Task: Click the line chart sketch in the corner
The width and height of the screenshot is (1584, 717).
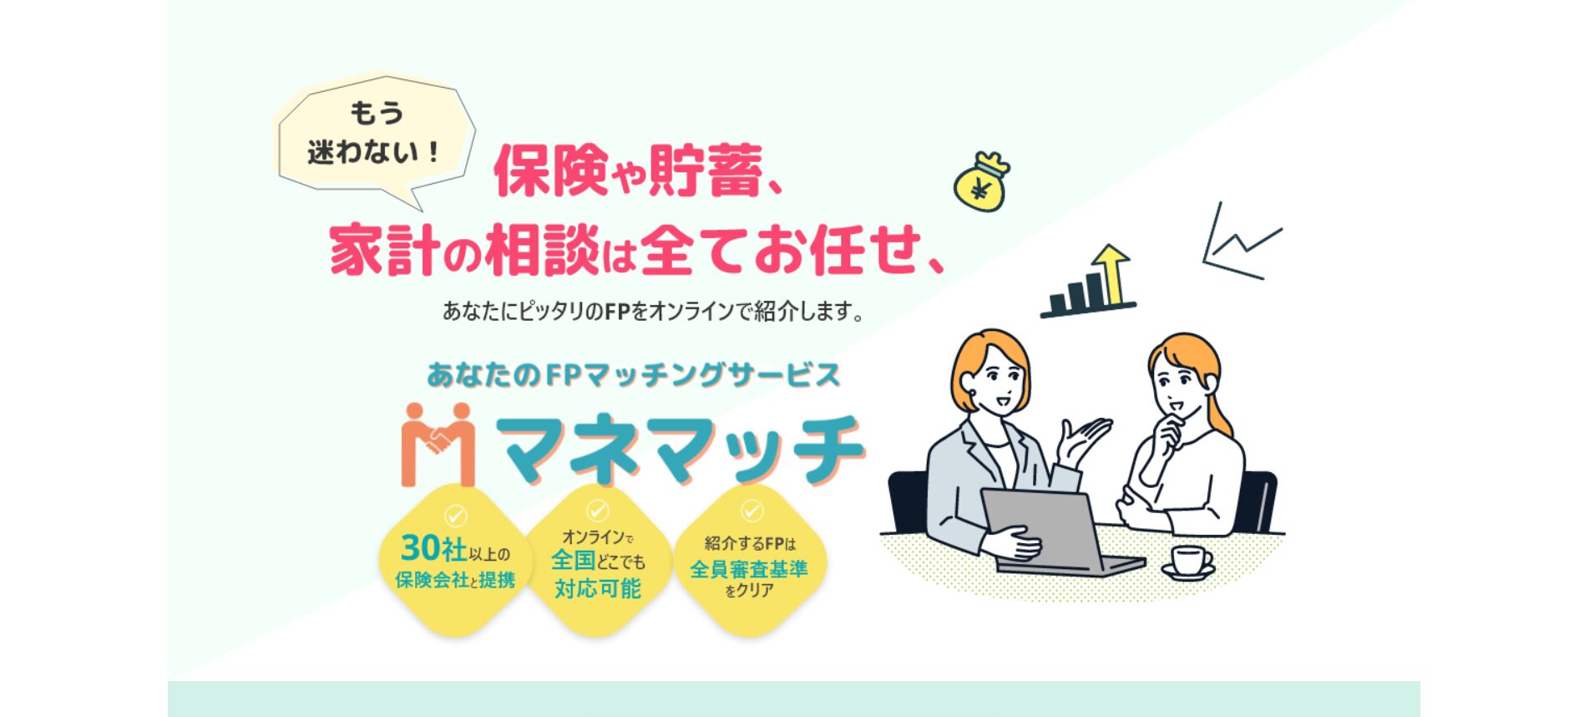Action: pos(1241,243)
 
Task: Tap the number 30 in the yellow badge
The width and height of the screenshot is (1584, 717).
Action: pos(421,548)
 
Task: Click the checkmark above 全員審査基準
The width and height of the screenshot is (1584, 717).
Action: pos(752,510)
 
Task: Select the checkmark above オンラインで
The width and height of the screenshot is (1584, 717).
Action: pos(597,510)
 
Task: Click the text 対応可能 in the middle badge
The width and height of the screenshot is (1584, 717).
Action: pos(598,588)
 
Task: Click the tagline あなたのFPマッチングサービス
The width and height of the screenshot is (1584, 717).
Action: pos(633,375)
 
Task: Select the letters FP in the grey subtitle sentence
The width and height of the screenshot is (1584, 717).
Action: pos(616,312)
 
